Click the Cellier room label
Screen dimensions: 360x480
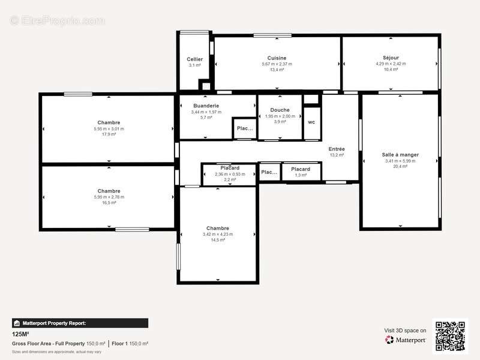pos(194,59)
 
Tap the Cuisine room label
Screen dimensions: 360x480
pos(276,58)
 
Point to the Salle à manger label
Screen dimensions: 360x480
pos(400,155)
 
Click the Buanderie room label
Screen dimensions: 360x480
pos(206,106)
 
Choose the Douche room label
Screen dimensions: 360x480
pos(280,110)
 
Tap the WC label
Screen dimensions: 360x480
pos(311,122)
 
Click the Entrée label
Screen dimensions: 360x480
pos(336,149)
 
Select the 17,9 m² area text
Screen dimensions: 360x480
pos(109,134)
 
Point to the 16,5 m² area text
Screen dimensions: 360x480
pos(109,203)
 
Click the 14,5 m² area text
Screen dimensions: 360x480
pos(217,240)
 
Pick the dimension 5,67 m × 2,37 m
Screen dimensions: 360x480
pos(276,64)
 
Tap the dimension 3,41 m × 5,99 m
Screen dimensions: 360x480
pos(400,161)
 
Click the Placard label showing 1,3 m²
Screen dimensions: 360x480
pos(301,169)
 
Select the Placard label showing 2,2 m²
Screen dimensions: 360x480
pos(230,168)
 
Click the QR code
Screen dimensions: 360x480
pos(450,335)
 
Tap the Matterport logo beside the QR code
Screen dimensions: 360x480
pos(406,340)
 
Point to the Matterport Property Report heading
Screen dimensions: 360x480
pos(54,323)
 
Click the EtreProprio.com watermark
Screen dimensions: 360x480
pos(57,20)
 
